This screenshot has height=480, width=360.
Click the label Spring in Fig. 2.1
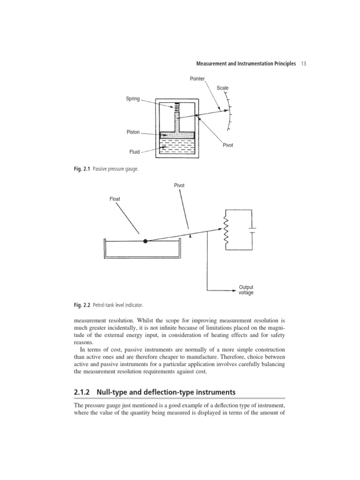pyautogui.click(x=133, y=99)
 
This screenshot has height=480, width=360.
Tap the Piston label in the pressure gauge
pyautogui.click(x=133, y=132)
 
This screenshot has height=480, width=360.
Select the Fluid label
pyautogui.click(x=135, y=152)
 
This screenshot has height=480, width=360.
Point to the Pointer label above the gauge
pyautogui.click(x=197, y=79)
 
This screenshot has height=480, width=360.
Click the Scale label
pyautogui.click(x=223, y=88)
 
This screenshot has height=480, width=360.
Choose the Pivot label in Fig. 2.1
pyautogui.click(x=227, y=145)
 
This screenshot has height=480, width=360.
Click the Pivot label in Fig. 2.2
pyautogui.click(x=179, y=186)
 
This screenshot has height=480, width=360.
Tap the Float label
pyautogui.click(x=115, y=199)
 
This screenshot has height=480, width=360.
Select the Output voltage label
pyautogui.click(x=246, y=290)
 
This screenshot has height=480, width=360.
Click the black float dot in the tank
pyautogui.click(x=145, y=241)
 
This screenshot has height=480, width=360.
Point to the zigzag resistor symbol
pyautogui.click(x=226, y=228)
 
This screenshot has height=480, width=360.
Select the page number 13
pyautogui.click(x=303, y=63)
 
